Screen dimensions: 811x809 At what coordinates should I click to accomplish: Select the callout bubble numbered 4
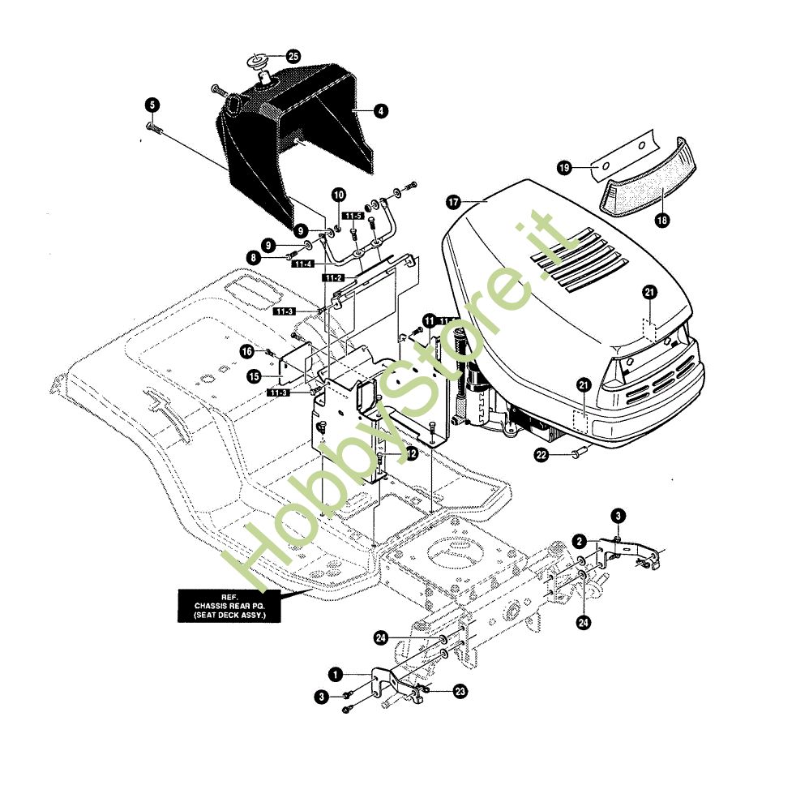click(x=379, y=111)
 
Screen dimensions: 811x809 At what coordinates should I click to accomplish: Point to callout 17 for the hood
click(x=452, y=200)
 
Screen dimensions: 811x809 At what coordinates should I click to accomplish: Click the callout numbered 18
click(x=663, y=221)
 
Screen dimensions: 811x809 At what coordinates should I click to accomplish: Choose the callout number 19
click(x=565, y=167)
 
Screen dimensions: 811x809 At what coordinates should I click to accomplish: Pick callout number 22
click(x=541, y=455)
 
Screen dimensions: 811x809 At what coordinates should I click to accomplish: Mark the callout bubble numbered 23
click(x=460, y=691)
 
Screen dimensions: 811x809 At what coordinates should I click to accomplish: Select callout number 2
click(x=579, y=540)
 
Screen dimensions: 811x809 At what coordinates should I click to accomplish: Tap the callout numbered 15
click(x=254, y=376)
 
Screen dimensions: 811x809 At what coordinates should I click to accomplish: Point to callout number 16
click(x=246, y=350)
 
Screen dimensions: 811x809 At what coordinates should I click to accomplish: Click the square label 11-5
click(x=353, y=216)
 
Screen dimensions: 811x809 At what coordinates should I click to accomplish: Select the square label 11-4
click(x=305, y=264)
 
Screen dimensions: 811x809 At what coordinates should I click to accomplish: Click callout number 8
click(x=254, y=257)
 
